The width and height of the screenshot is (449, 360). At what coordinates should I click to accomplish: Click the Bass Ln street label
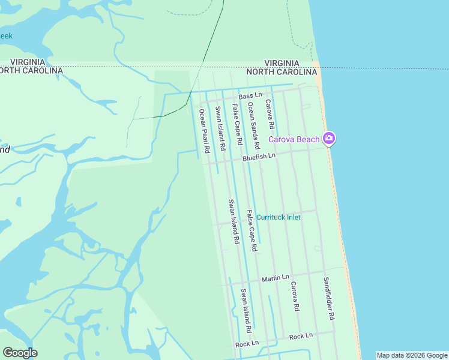[250, 96]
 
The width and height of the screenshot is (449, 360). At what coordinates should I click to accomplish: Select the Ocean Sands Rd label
[254, 125]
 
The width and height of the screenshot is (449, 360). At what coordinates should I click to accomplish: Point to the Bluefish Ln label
[259, 157]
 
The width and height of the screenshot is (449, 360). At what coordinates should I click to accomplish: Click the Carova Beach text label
[294, 139]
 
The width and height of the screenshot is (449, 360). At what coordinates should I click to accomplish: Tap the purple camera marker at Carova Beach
[328, 139]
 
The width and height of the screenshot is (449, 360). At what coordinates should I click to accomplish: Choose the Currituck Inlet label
[279, 217]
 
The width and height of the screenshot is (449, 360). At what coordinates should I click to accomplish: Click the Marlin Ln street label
[276, 279]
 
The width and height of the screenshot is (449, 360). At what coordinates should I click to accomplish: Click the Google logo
[20, 352]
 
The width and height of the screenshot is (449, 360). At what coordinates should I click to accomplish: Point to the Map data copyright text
[412, 355]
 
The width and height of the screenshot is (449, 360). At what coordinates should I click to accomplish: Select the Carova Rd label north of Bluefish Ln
[270, 114]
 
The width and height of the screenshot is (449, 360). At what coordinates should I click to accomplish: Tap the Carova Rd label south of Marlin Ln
[294, 296]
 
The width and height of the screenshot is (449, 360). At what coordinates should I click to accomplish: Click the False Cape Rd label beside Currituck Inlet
[252, 230]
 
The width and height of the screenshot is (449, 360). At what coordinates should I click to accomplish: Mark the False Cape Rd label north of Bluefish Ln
[237, 124]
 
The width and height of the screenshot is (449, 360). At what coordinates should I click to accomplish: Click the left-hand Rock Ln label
[247, 343]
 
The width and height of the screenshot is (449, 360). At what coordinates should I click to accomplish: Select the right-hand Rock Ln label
[301, 336]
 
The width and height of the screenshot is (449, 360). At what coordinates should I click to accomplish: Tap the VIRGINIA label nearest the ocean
[282, 63]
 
